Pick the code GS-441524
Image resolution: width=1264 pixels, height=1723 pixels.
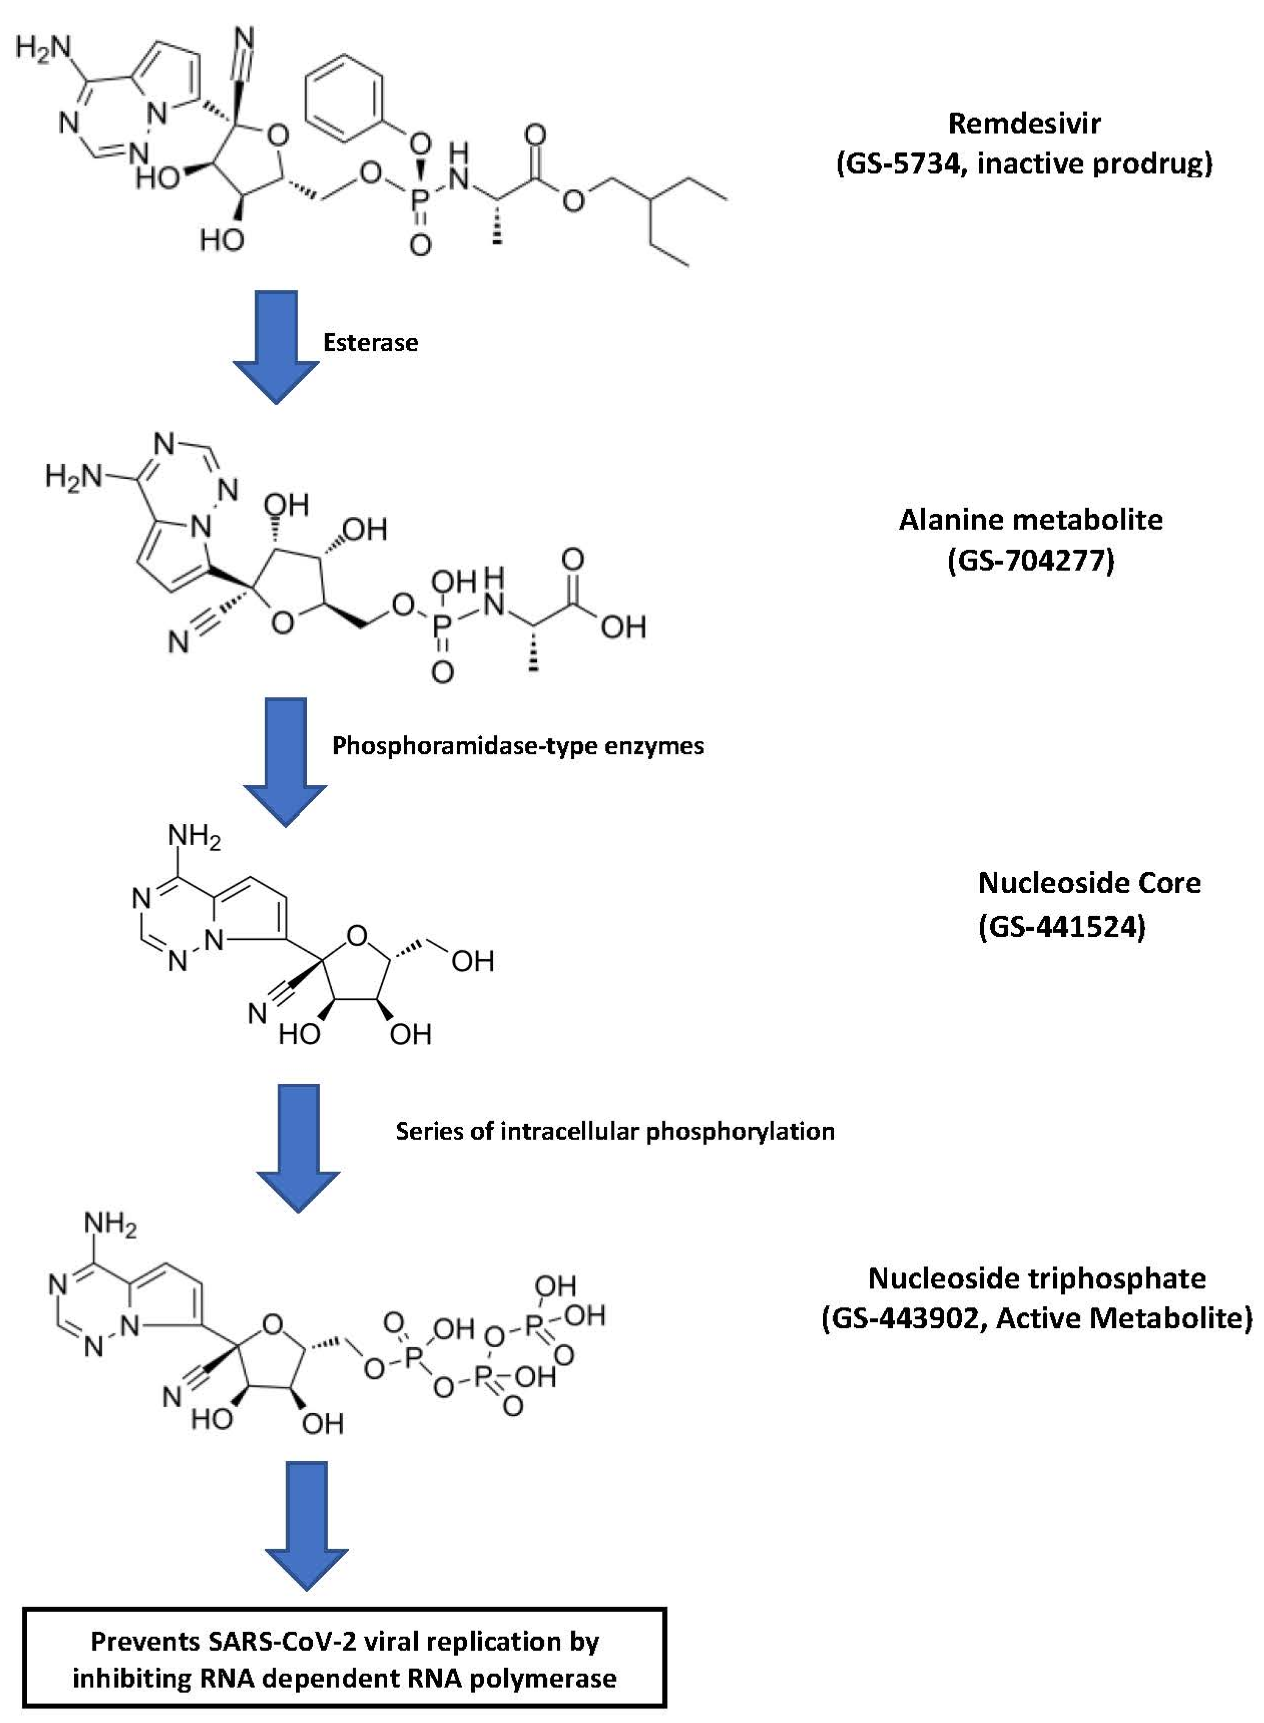1062,927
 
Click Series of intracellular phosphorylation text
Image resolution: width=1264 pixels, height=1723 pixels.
615,1131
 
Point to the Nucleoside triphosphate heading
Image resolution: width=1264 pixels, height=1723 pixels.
1037,1278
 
